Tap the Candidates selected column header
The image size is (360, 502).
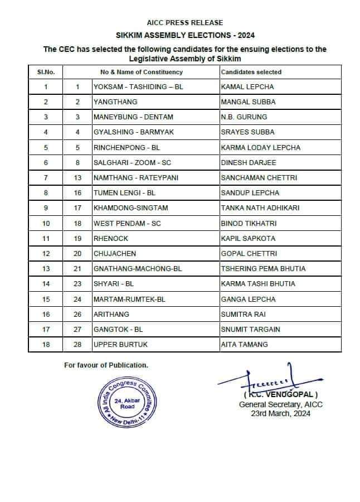251,72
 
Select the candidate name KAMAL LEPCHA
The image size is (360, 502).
247,87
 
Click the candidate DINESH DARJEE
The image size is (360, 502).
249,163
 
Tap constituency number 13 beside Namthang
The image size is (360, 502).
78,178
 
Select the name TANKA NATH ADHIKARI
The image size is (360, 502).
260,208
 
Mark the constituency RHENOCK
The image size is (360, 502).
110,238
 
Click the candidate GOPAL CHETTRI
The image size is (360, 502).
249,253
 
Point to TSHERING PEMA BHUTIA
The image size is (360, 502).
263,269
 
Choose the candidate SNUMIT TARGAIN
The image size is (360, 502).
250,329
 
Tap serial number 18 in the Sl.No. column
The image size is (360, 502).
46,345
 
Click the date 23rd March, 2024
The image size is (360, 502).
281,413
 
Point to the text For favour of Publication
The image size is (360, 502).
106,365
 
